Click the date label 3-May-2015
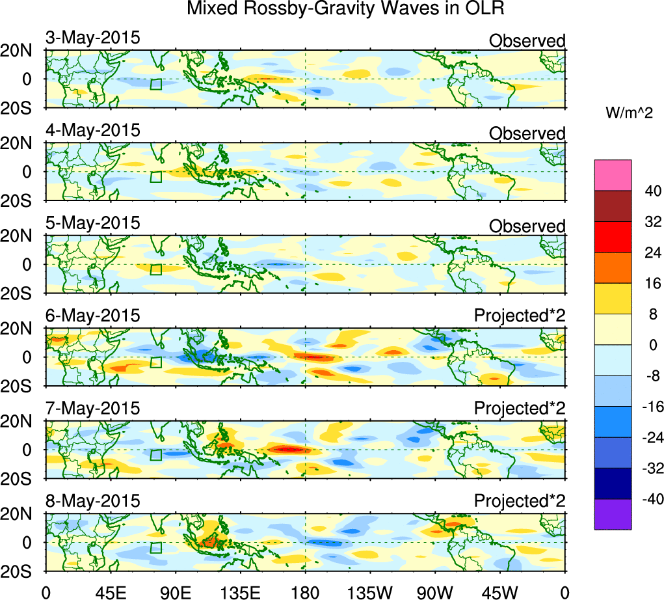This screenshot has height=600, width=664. click(x=92, y=37)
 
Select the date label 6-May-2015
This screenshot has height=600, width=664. click(x=92, y=316)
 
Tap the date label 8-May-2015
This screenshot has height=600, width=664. click(x=92, y=501)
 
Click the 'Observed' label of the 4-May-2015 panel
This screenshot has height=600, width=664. click(x=527, y=133)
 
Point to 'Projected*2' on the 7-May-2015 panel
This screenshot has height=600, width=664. click(x=520, y=409)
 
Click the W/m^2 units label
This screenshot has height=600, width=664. click(x=630, y=113)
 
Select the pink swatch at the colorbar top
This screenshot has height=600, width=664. click(x=613, y=174)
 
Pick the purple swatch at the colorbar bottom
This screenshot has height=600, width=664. click(x=613, y=514)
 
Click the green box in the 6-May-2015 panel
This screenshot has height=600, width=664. click(x=155, y=362)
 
